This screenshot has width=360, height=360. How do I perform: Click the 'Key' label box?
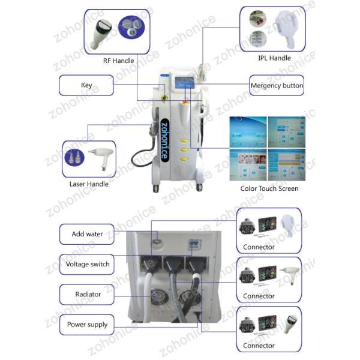pyautogui.click(x=86, y=85)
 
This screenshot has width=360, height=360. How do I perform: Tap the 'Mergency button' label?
pyautogui.click(x=277, y=85)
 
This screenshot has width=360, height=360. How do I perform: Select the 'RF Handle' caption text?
pyautogui.click(x=118, y=61)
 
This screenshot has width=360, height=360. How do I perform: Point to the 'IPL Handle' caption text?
pyautogui.click(x=274, y=58)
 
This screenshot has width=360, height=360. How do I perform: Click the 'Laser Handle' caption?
pyautogui.click(x=89, y=184)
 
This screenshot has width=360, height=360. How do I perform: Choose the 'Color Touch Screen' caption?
pyautogui.click(x=269, y=188)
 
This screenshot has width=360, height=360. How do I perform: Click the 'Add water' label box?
pyautogui.click(x=87, y=234)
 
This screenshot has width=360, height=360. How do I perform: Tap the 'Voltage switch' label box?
pyautogui.click(x=87, y=264)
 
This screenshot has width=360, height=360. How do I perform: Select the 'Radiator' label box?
pyautogui.click(x=87, y=295)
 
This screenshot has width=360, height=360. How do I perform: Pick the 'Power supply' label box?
pyautogui.click(x=87, y=325)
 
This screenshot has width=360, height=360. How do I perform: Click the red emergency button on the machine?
pyautogui.click(x=185, y=102)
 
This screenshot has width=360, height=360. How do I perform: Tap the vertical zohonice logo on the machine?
pyautogui.click(x=164, y=140)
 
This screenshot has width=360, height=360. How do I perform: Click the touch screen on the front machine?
pyautogui.click(x=184, y=83)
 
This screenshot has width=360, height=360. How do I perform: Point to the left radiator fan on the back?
pyautogui.click(x=159, y=298)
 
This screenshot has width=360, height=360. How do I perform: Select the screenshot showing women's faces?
pyautogui.click(x=248, y=164)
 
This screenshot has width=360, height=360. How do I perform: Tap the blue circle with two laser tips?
pyautogui.click(x=74, y=157)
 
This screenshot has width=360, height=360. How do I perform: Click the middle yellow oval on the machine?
pyautogui.click(x=184, y=149)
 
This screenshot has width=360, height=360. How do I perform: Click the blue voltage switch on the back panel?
pyautogui.click(x=194, y=244)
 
